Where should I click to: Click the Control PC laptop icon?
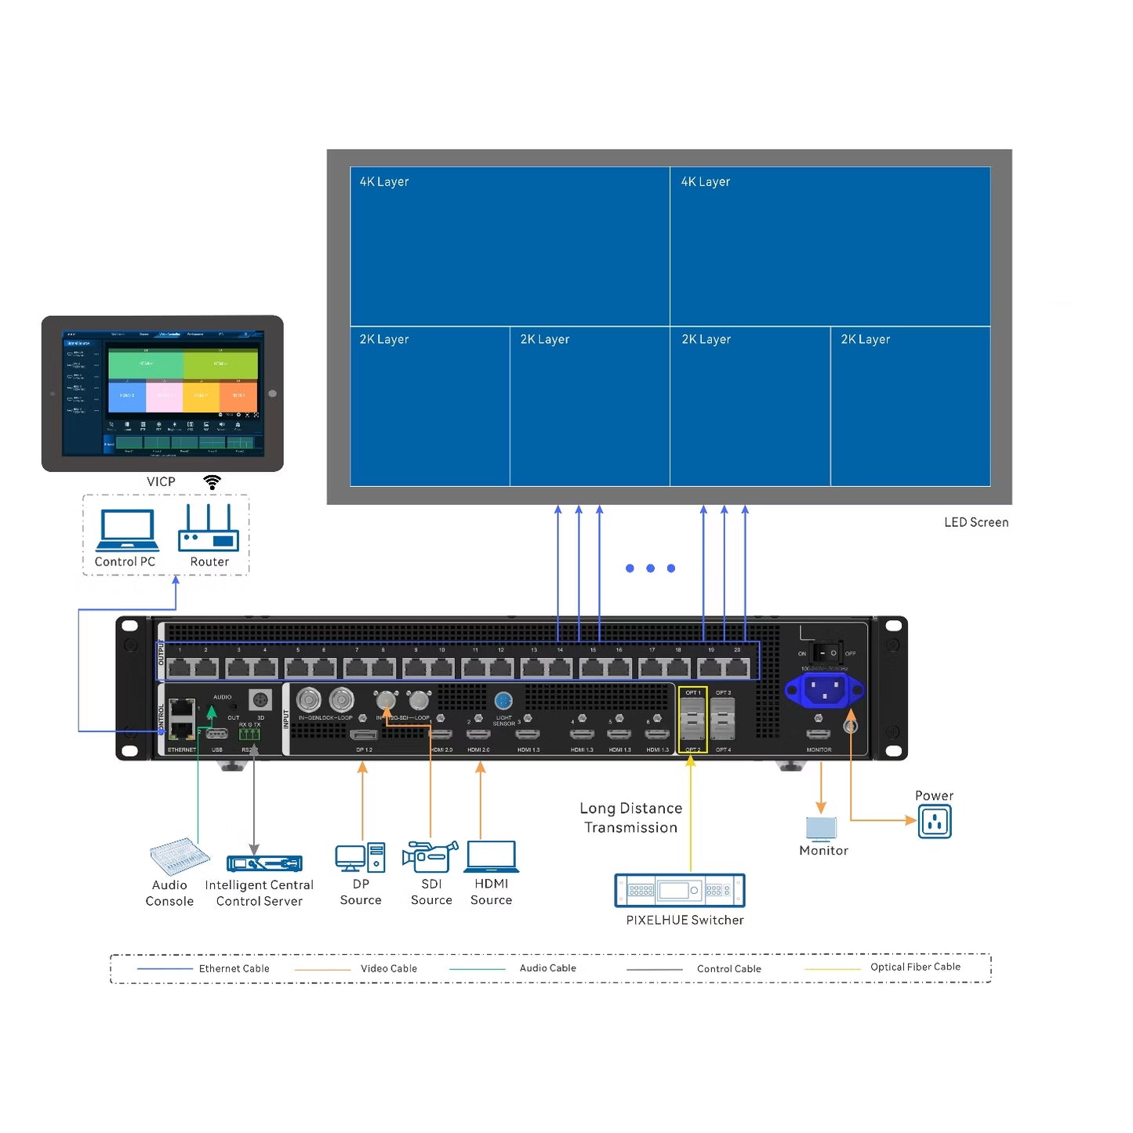(126, 530)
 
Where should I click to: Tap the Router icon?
(209, 528)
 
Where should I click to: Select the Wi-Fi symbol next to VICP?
(212, 482)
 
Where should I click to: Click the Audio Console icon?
(180, 856)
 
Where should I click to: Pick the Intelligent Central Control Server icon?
(264, 863)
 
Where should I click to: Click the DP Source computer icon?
(360, 858)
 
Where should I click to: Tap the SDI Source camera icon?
(430, 856)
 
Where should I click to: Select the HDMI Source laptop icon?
(492, 857)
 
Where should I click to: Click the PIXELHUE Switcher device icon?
(680, 891)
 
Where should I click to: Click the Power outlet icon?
(935, 823)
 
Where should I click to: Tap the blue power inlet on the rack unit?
(824, 691)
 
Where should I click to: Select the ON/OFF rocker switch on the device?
(826, 652)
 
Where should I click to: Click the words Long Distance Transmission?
(630, 818)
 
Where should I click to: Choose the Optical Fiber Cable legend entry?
(914, 968)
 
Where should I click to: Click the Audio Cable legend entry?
(547, 968)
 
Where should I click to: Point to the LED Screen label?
(975, 522)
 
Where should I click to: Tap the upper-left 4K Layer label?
(384, 182)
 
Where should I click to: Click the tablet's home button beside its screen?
(272, 394)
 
